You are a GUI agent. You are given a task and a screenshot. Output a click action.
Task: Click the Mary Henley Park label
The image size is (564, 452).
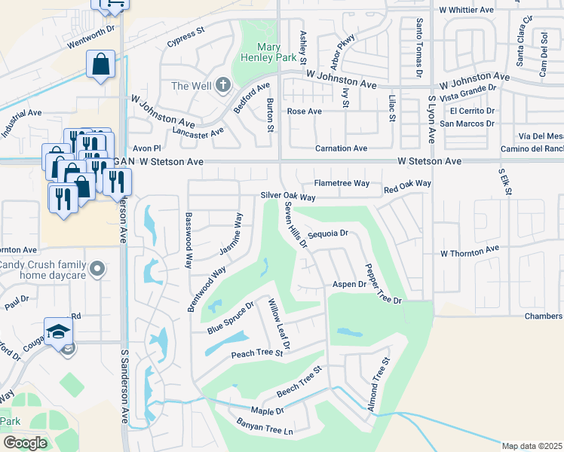coord(259,51)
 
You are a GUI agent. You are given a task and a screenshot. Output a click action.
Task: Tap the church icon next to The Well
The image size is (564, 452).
coord(222,85)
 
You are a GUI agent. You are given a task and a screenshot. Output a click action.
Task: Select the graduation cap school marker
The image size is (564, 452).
coord(58,332)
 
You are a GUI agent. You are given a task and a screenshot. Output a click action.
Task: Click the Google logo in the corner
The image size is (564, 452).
coord(25,443)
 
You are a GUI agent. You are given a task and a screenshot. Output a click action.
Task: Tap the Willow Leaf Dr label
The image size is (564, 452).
coord(278,323)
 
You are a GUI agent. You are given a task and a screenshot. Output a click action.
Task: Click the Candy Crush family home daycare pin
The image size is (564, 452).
coord(96,268)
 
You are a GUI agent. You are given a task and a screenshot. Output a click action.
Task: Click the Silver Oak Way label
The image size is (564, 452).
coord(287,196)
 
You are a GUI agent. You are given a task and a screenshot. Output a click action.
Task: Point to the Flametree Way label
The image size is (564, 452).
coord(342,183)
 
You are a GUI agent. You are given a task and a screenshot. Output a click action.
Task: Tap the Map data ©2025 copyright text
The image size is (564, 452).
coord(532,446)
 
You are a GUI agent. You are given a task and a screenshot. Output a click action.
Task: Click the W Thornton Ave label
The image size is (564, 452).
coord(470,249)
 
